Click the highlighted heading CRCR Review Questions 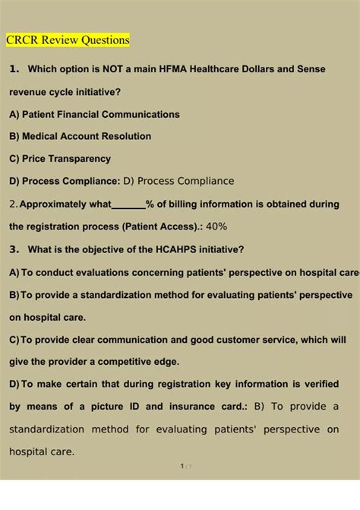(x=68, y=40)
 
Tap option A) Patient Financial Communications (x=94, y=114)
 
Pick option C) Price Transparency (x=60, y=159)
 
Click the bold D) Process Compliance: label (x=65, y=181)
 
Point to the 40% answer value (x=216, y=226)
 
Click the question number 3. (x=13, y=249)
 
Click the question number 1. (x=13, y=69)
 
